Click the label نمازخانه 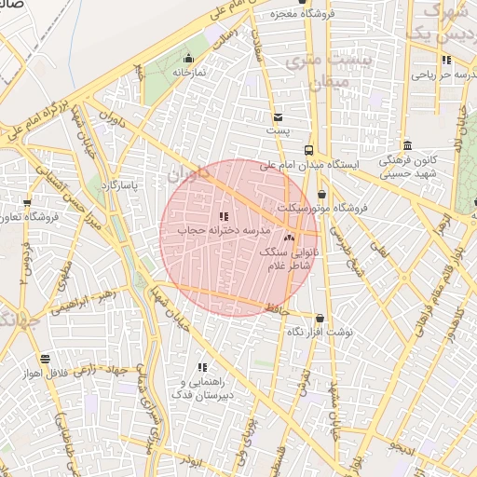[x=188, y=71]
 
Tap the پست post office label [x=278, y=131]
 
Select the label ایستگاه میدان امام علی [x=347, y=164]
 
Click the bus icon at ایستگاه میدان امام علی [x=308, y=149]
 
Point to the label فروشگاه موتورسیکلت [x=326, y=208]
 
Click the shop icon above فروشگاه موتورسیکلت [x=321, y=194]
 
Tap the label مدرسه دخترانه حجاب [x=224, y=229]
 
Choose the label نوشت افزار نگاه [x=320, y=333]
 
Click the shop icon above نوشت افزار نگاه [x=320, y=319]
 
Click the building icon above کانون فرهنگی [x=408, y=145]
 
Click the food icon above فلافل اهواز [x=45, y=359]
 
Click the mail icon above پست [x=278, y=117]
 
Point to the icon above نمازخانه [x=188, y=58]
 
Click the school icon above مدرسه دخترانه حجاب [x=224, y=216]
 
